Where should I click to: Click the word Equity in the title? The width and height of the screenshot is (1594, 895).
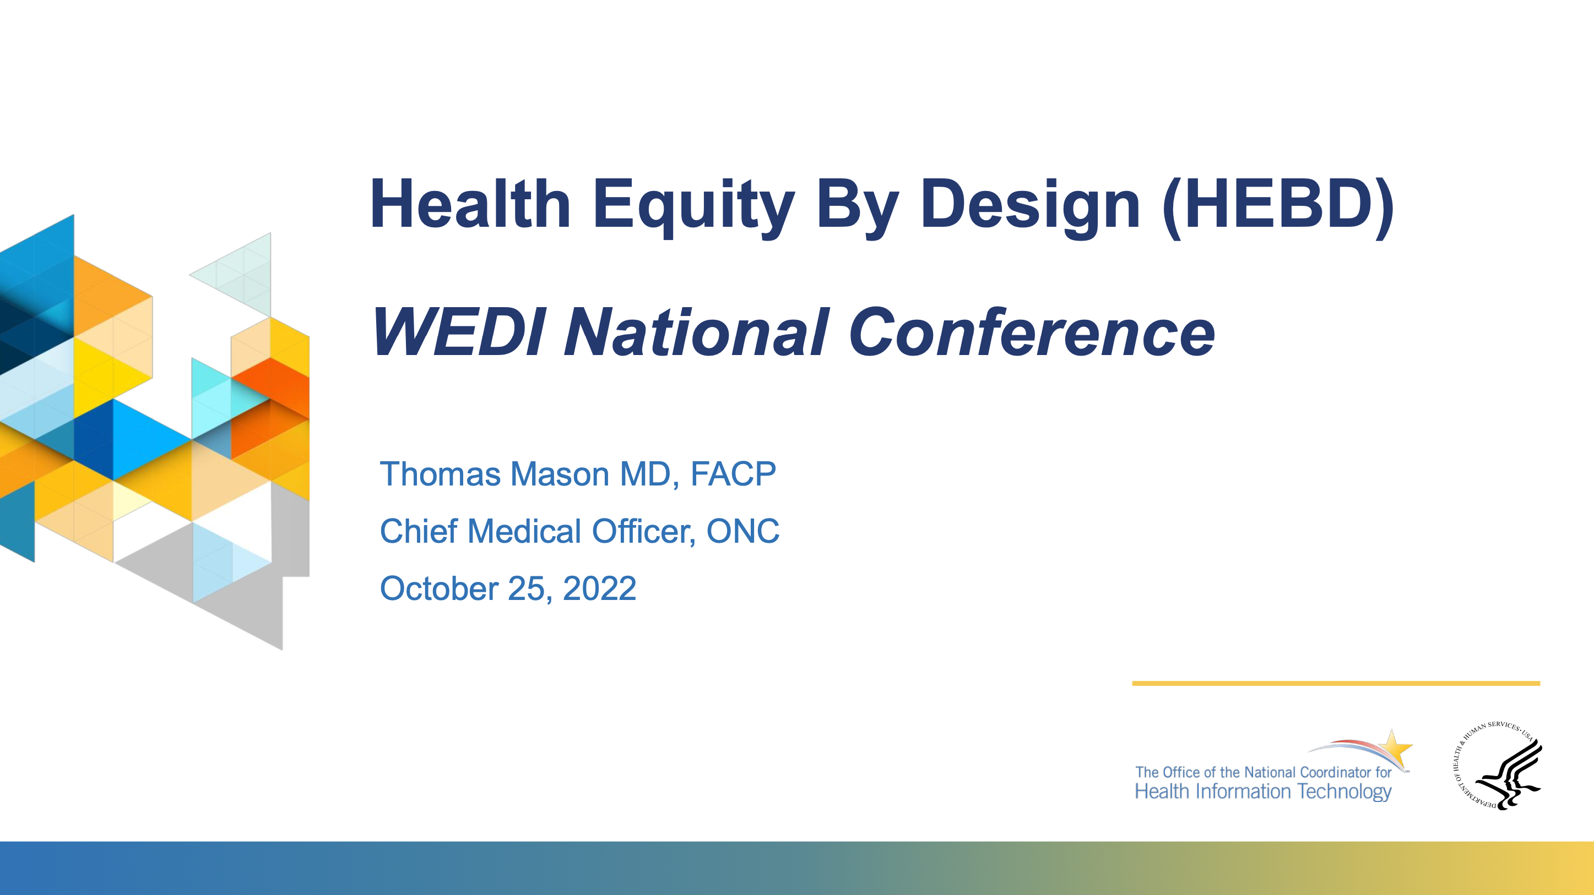pyautogui.click(x=693, y=206)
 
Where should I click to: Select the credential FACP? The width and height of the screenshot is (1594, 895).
pyautogui.click(x=733, y=474)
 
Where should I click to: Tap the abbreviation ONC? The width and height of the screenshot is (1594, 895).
pyautogui.click(x=742, y=531)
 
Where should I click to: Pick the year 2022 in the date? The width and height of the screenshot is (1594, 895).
pyautogui.click(x=600, y=588)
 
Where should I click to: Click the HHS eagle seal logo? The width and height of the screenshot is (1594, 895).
pyautogui.click(x=1498, y=766)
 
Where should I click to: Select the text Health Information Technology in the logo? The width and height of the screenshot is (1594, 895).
pyautogui.click(x=1263, y=792)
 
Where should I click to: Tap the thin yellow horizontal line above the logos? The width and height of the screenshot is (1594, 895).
pyautogui.click(x=1336, y=684)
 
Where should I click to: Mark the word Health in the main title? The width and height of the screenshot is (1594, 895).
pyautogui.click(x=470, y=204)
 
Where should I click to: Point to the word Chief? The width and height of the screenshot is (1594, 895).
pyautogui.click(x=419, y=531)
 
